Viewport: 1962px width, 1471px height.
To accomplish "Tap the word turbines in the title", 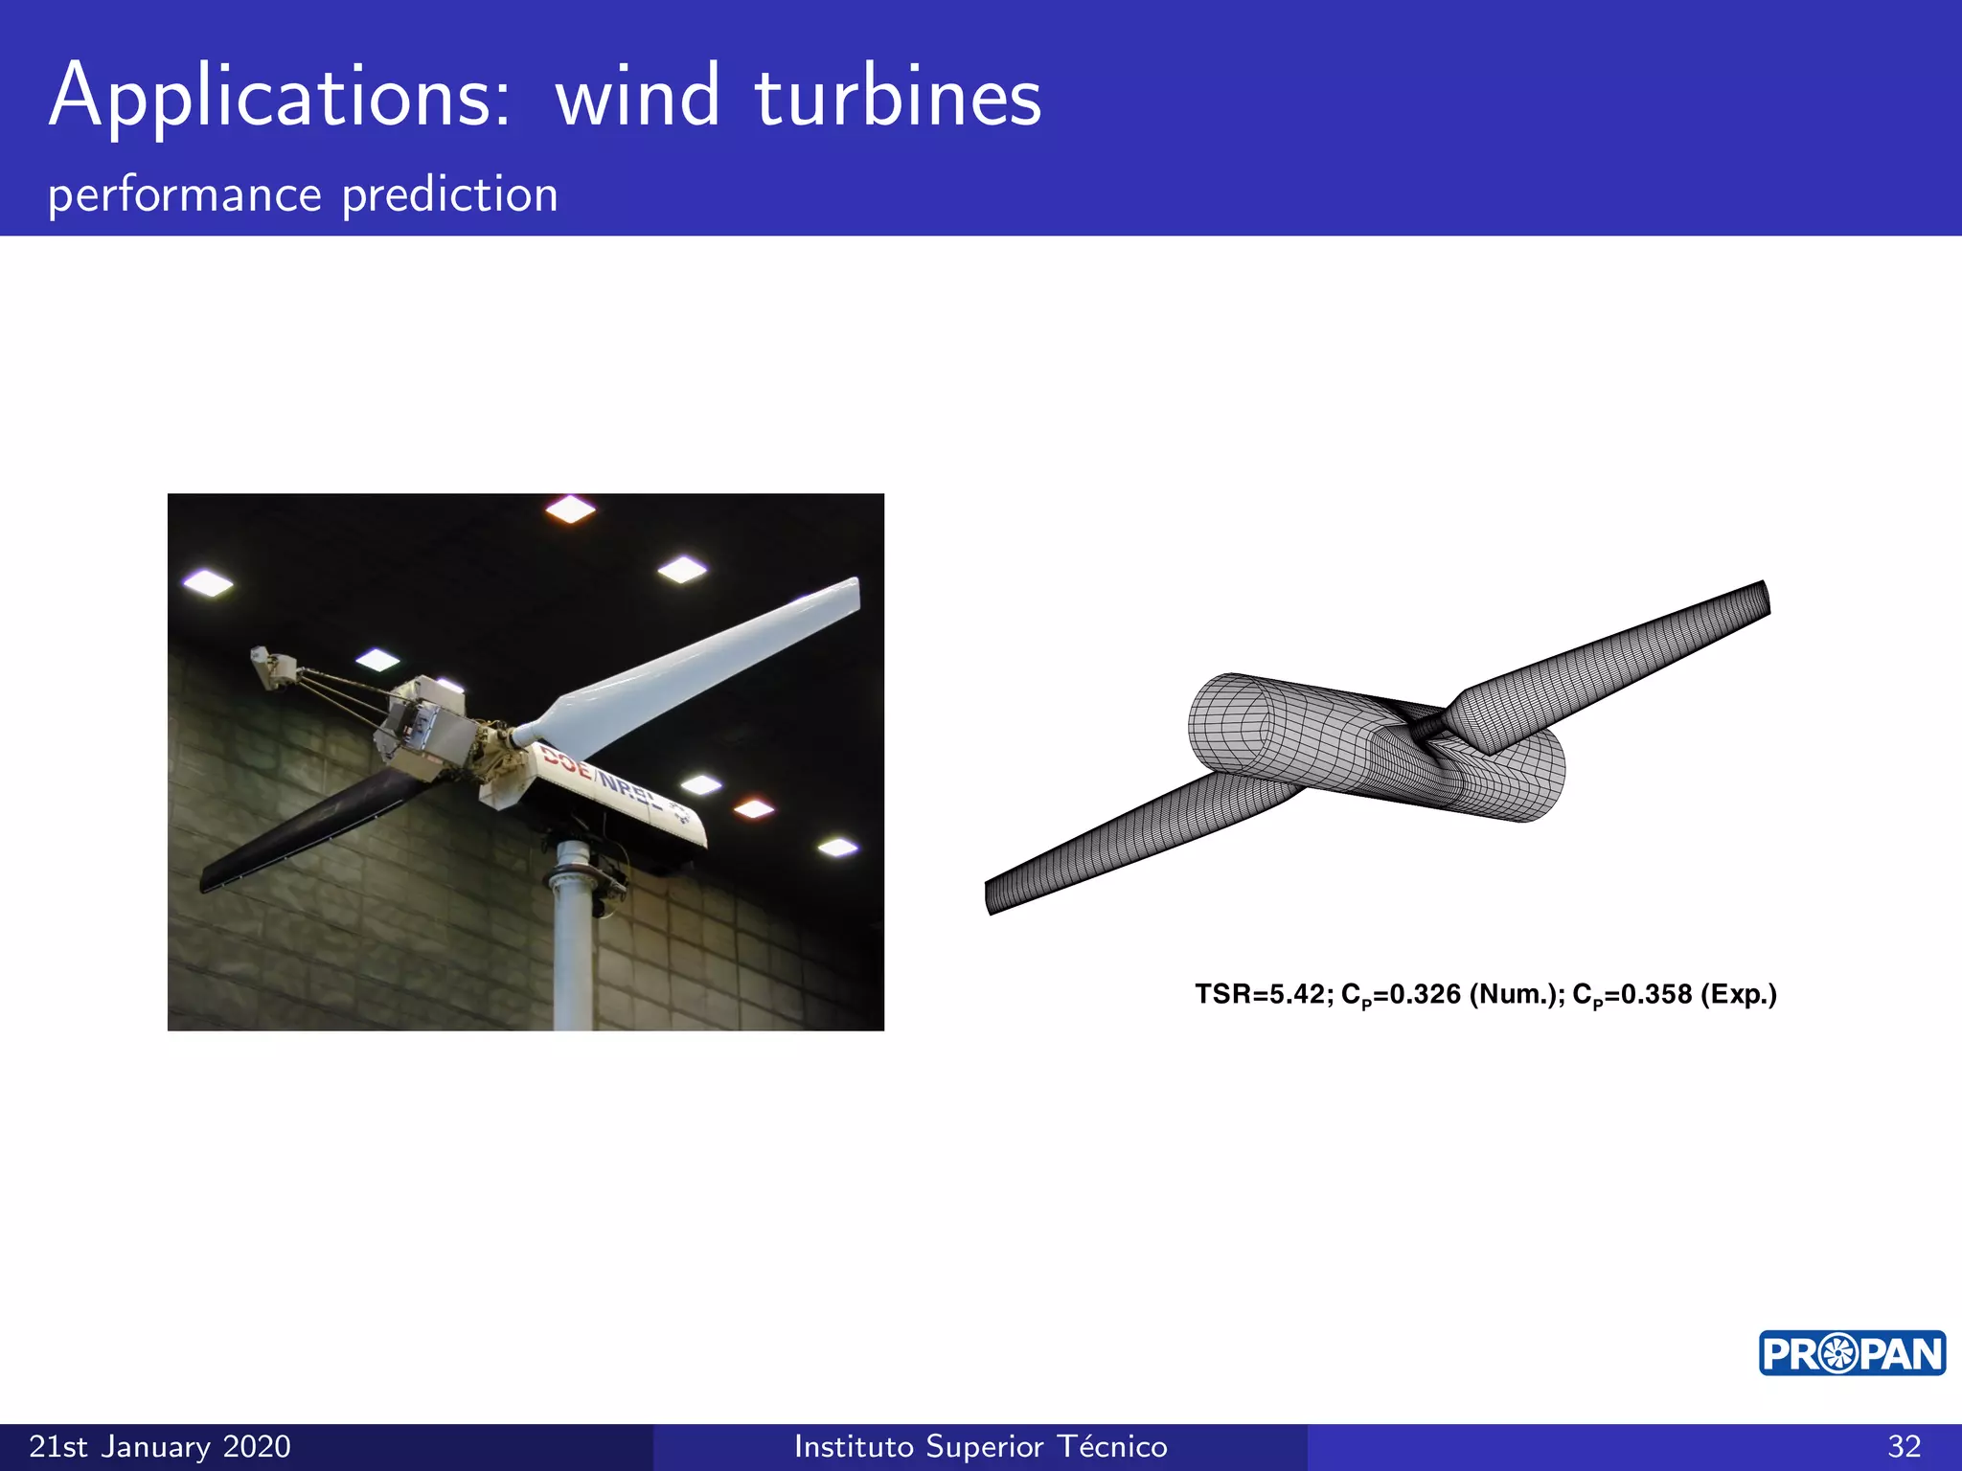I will point(898,98).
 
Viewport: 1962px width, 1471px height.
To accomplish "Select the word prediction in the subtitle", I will point(449,195).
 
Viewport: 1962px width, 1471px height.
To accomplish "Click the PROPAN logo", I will point(1851,1353).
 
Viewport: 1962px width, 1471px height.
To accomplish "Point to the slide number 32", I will point(1904,1446).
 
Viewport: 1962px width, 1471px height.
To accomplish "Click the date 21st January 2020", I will point(160,1446).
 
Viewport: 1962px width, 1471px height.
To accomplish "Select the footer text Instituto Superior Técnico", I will point(980,1446).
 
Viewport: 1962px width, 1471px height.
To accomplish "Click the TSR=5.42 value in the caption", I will point(1260,994).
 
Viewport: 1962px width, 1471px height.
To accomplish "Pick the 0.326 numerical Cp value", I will point(1425,994).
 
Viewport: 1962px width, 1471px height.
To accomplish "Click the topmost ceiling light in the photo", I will point(570,509).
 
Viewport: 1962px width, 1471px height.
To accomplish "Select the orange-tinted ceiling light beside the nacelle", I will point(754,809).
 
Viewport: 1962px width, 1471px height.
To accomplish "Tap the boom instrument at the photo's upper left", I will point(273,668).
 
